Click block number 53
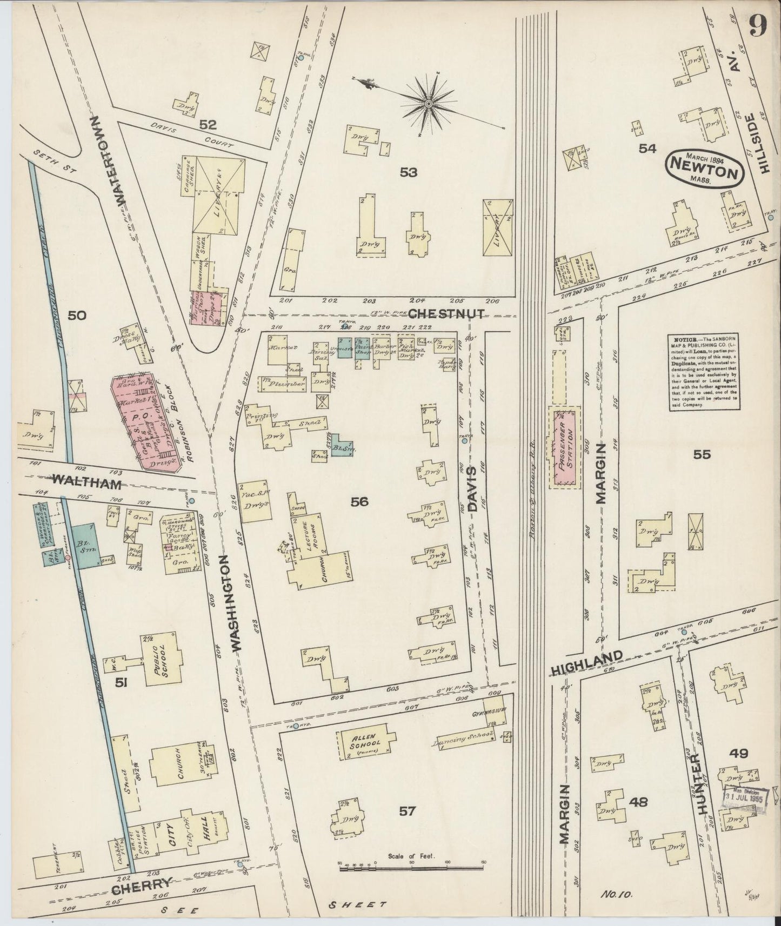coord(408,172)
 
